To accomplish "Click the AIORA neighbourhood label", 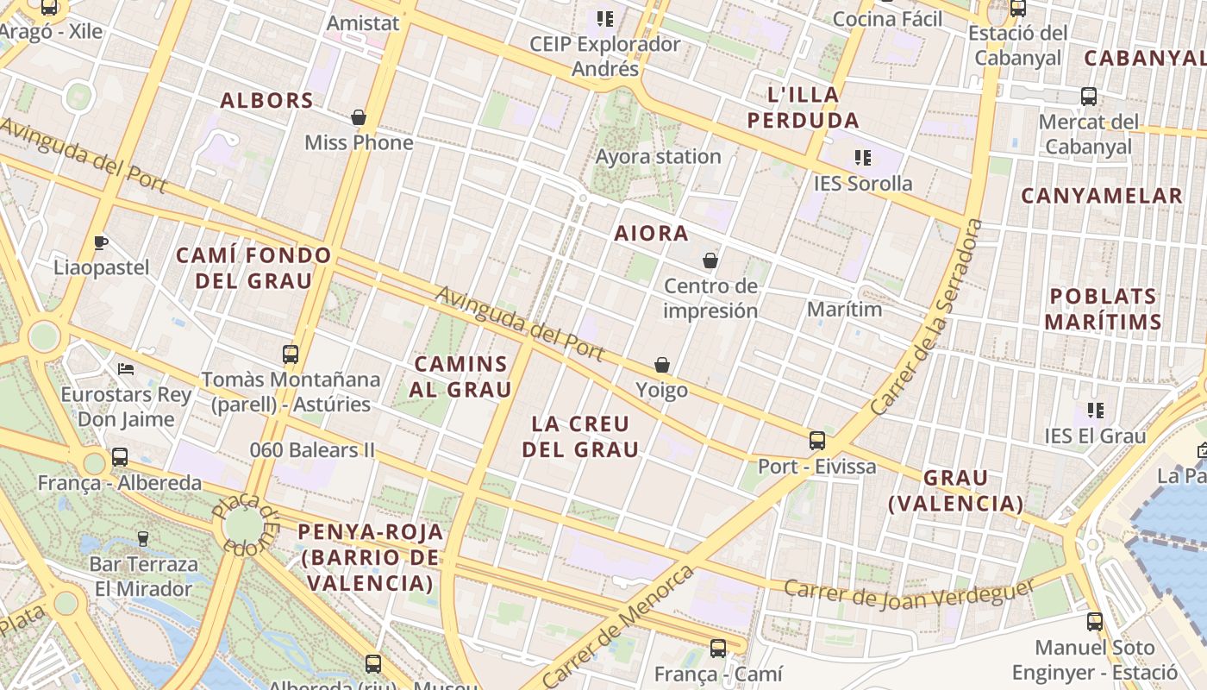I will point(651,233).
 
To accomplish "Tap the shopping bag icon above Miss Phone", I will point(359,117).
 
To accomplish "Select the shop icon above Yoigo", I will point(662,366).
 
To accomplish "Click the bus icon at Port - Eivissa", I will point(816,441).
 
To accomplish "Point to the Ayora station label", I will point(658,157).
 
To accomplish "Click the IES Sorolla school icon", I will point(862,158).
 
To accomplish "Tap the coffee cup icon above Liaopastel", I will point(101,242).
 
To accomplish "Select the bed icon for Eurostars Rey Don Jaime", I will point(126,369).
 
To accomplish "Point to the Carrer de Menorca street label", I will point(619,624).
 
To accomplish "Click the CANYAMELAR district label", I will point(1101,196).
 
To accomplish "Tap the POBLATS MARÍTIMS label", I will point(1103,309).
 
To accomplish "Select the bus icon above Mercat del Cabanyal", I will point(1089,97).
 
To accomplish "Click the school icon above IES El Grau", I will point(1096,411).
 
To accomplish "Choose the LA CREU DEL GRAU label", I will point(585,436).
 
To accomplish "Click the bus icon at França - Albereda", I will point(120,457).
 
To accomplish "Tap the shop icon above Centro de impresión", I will point(710,260).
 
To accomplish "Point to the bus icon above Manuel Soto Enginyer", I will point(1095,621).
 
